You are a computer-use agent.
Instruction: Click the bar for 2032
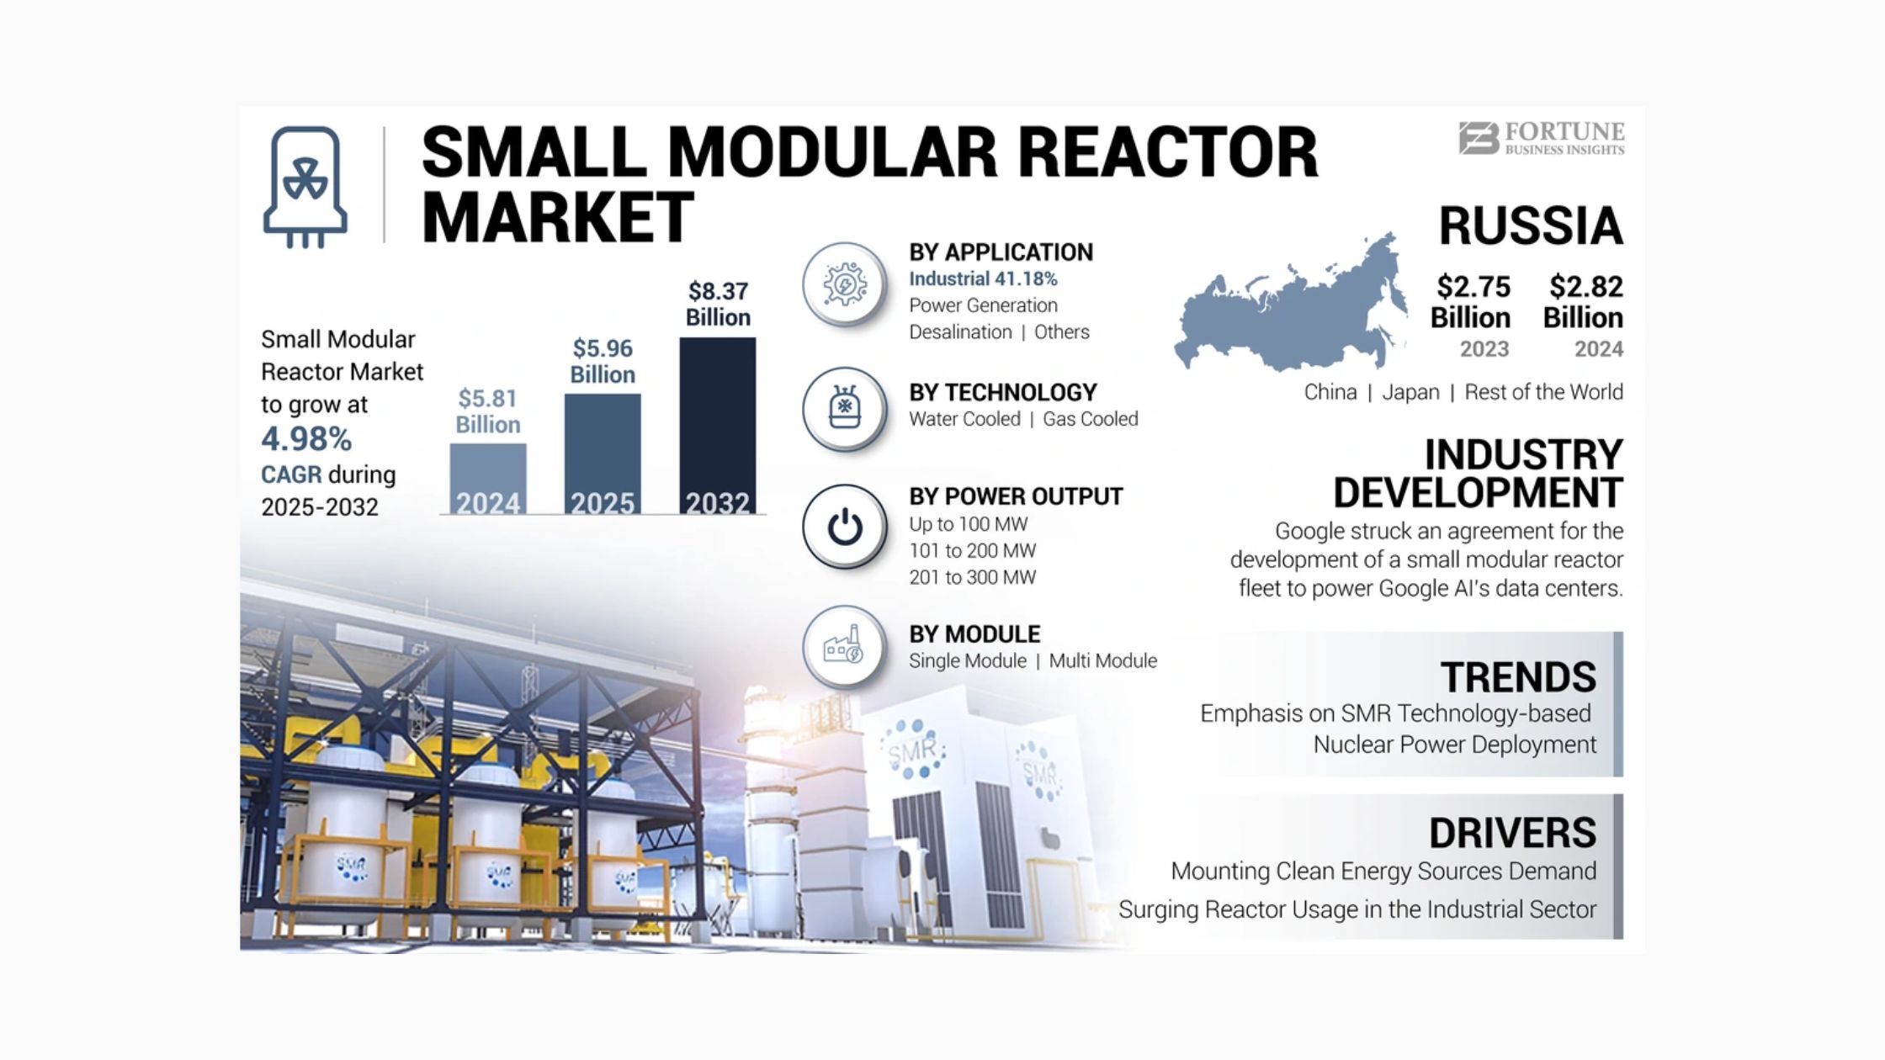tap(717, 426)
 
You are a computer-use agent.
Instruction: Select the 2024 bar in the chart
tap(488, 479)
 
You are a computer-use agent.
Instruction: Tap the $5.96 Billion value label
tap(603, 361)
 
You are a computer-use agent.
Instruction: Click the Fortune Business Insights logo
tap(1542, 139)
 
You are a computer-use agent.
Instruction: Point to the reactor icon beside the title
tap(305, 188)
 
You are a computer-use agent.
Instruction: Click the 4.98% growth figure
tap(306, 438)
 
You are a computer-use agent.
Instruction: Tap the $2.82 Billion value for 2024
tap(1584, 301)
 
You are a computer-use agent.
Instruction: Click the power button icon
tap(845, 527)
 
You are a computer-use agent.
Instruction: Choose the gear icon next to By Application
tap(845, 284)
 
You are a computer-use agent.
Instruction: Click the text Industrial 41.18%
tap(983, 278)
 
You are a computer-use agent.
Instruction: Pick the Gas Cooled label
tap(1091, 419)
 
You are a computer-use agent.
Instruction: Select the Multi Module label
tap(1103, 661)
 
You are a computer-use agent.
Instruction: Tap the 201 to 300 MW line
tap(973, 577)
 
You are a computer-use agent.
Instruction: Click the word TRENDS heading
tap(1518, 677)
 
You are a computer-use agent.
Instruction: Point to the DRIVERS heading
tap(1512, 833)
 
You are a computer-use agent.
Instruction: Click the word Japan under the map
tap(1410, 392)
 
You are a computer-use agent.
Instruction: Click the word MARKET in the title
tap(557, 217)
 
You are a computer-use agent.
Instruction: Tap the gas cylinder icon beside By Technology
tap(845, 409)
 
